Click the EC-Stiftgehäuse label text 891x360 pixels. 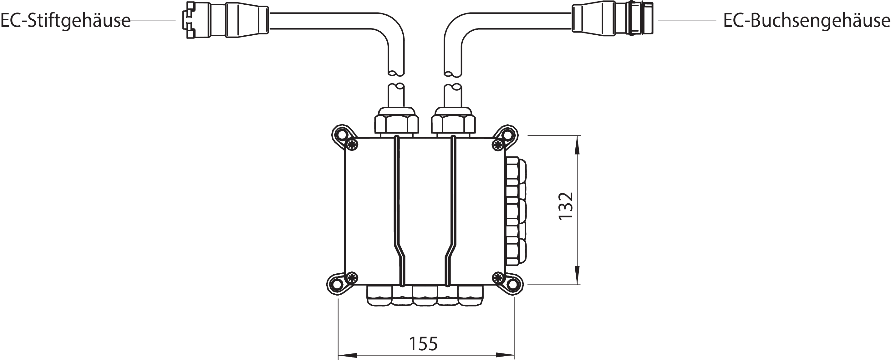click(65, 21)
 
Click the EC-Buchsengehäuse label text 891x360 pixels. click(806, 21)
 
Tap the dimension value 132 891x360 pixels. click(566, 206)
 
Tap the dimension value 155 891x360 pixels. click(423, 344)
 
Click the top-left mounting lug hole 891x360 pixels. click(341, 134)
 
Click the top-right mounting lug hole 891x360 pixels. click(508, 134)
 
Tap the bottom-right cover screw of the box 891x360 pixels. click(498, 277)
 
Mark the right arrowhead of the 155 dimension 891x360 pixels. click(505, 355)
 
